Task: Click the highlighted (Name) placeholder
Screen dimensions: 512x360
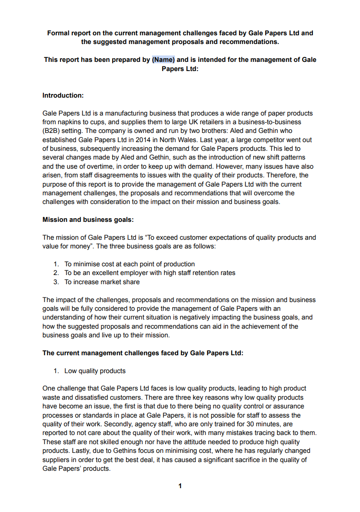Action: [164, 60]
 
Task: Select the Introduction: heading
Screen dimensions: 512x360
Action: [63, 95]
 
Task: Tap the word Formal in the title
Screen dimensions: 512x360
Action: [58, 33]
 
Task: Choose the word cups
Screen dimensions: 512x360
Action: [101, 122]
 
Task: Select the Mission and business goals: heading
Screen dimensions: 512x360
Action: [88, 220]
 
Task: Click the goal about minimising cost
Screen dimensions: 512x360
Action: [129, 264]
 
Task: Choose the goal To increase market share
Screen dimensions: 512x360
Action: [102, 282]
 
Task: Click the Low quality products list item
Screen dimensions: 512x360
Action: [94, 371]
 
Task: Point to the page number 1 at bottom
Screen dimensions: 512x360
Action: [180, 486]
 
